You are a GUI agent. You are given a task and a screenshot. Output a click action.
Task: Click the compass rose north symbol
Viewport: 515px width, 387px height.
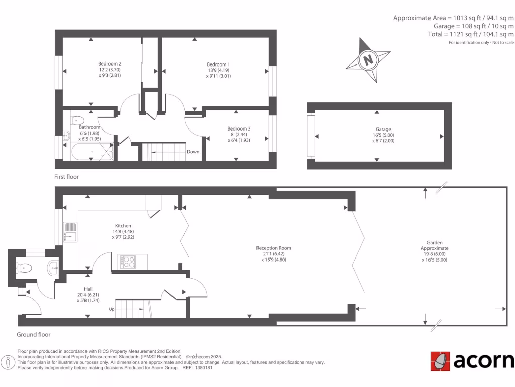click(368, 60)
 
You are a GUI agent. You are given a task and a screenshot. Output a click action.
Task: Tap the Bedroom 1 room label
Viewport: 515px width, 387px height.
click(218, 64)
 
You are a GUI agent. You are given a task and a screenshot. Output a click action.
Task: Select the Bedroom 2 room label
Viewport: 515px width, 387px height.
click(110, 64)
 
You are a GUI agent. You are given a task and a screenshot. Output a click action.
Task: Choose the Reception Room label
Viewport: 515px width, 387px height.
click(273, 248)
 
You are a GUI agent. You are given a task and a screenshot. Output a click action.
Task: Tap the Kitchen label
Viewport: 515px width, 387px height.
click(123, 226)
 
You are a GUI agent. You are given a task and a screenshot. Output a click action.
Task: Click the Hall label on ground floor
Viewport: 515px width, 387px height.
click(80, 289)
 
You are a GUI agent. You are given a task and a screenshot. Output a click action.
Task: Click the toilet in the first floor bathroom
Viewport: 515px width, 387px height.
click(77, 120)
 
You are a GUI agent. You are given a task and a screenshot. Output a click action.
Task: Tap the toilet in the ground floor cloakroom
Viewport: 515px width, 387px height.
click(25, 268)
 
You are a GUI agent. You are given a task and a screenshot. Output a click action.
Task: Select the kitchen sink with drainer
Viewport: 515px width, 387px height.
click(70, 232)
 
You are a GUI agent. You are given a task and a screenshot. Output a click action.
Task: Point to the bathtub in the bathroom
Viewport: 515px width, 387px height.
click(91, 151)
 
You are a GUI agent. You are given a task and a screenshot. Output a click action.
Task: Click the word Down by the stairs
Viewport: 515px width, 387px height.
click(193, 152)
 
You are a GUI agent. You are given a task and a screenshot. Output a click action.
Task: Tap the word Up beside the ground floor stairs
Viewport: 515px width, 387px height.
click(111, 309)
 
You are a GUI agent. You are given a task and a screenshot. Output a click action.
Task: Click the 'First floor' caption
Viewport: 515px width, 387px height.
click(66, 177)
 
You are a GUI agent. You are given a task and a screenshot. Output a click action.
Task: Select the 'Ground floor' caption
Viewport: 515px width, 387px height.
click(33, 334)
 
